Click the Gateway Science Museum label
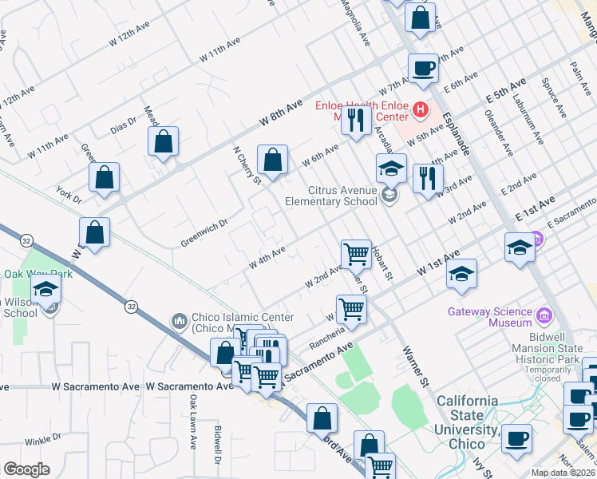click(489, 317)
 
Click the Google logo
click(26, 469)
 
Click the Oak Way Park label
click(38, 274)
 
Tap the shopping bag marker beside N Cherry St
click(273, 159)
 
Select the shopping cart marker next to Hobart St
click(356, 254)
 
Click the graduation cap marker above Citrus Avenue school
click(391, 168)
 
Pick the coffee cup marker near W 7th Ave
click(423, 68)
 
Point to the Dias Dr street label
click(125, 124)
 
